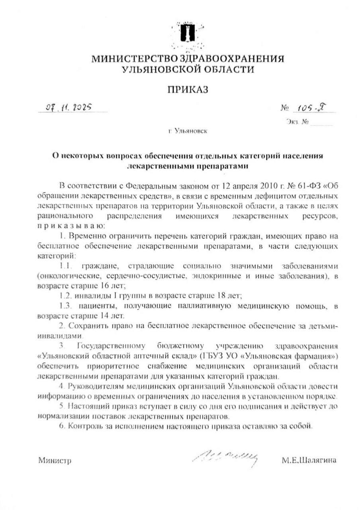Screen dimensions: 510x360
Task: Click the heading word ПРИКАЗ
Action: (x=188, y=90)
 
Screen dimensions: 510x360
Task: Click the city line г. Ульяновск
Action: (x=188, y=130)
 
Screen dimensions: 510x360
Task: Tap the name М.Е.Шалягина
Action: (x=309, y=461)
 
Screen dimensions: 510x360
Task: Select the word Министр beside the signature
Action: (x=55, y=461)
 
